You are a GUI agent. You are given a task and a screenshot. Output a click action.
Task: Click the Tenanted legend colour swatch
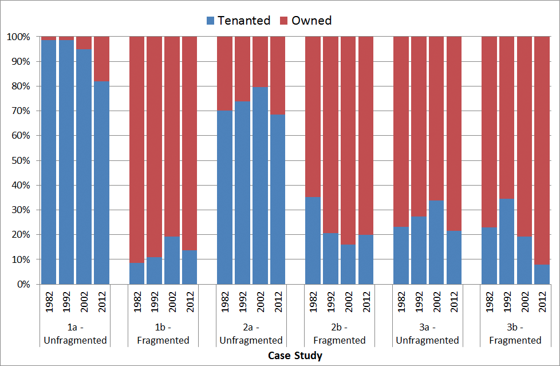tap(210, 21)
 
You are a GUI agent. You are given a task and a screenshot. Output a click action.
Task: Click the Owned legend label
tap(311, 21)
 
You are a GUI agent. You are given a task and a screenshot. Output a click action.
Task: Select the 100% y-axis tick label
tap(18, 37)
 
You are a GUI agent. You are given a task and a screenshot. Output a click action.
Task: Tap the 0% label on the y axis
tap(23, 284)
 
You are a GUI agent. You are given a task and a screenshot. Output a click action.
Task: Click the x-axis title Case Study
tap(295, 356)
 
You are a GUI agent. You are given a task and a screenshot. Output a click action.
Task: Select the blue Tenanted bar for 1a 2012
tap(101, 183)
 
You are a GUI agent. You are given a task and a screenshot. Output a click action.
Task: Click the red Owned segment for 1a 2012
tap(101, 59)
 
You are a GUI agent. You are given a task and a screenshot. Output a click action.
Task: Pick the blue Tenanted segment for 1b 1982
tap(137, 273)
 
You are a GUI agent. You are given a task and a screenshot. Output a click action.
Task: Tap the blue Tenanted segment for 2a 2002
tap(260, 186)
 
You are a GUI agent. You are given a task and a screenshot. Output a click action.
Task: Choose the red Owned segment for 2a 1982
tap(224, 74)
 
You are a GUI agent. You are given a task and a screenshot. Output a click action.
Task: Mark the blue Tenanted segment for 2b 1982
tap(313, 241)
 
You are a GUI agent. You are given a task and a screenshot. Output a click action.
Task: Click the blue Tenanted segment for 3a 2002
tap(436, 242)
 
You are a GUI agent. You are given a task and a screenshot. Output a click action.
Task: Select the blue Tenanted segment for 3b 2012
tap(542, 274)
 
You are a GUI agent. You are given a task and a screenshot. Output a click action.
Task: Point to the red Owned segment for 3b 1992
tap(507, 117)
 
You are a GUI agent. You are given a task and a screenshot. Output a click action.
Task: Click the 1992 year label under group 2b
tap(331, 302)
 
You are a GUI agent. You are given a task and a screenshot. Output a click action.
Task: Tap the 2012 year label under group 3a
tap(454, 302)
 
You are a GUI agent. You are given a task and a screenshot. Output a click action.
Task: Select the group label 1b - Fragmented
tap(163, 333)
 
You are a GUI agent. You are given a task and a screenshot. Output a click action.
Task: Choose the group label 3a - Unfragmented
tap(428, 333)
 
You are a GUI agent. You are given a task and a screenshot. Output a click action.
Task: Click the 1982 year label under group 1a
tap(49, 302)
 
